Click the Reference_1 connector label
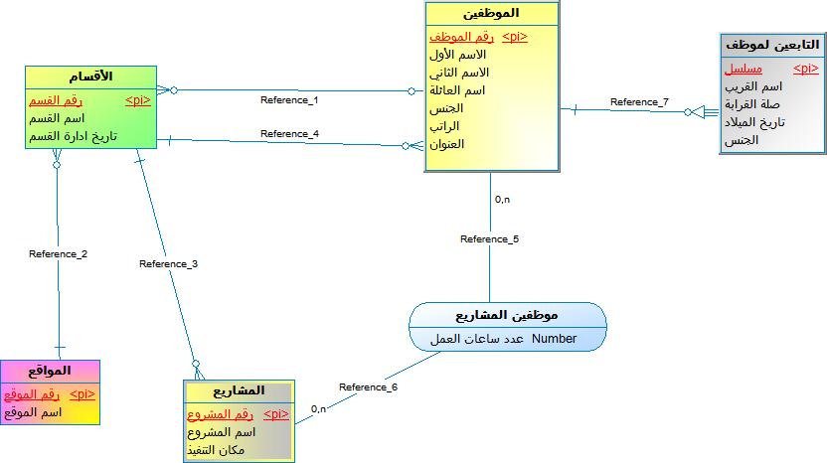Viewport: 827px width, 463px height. [x=289, y=100]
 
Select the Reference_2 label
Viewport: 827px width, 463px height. [x=58, y=254]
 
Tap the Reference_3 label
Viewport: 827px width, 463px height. [x=168, y=263]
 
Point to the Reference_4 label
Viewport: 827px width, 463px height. [x=289, y=134]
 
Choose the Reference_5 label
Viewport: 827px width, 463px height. [x=489, y=238]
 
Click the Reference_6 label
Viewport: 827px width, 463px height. [x=368, y=387]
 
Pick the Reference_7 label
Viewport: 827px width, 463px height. [x=639, y=101]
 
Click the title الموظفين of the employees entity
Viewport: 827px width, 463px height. [x=491, y=13]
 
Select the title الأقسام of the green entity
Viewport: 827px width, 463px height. [x=90, y=77]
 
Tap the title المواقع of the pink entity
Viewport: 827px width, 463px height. [x=50, y=371]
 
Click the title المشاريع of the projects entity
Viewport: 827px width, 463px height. [x=239, y=390]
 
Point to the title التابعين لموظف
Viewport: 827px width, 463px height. [x=772, y=46]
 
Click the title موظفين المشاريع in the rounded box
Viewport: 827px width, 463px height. [x=507, y=315]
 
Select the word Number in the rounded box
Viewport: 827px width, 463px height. [x=554, y=339]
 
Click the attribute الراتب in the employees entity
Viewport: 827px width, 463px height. [x=444, y=126]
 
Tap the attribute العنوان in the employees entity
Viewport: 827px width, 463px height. [x=446, y=144]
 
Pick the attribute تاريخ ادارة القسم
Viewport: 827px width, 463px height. [x=73, y=136]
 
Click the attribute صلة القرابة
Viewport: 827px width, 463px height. [x=751, y=104]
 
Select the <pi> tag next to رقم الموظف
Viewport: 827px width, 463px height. [x=515, y=37]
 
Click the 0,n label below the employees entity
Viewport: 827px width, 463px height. [x=502, y=200]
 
